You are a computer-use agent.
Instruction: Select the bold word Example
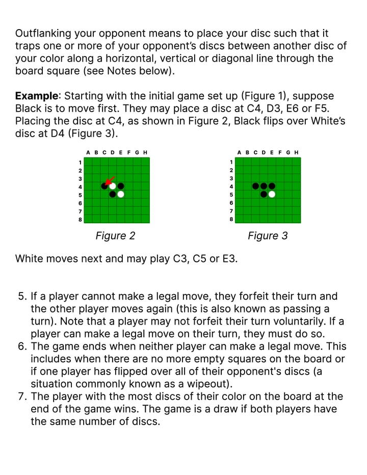tap(36, 96)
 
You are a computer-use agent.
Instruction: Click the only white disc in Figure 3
tap(272, 194)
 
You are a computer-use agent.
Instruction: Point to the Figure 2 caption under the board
tap(115, 236)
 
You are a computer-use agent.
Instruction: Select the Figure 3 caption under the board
tap(268, 236)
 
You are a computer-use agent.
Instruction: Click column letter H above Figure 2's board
tap(146, 152)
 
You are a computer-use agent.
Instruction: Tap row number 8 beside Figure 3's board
tap(231, 219)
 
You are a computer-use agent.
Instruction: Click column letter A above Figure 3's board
tap(239, 152)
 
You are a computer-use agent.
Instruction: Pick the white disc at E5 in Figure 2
tap(121, 194)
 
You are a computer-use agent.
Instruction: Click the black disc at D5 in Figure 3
tap(264, 194)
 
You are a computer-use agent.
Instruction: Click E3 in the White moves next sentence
tap(230, 258)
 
